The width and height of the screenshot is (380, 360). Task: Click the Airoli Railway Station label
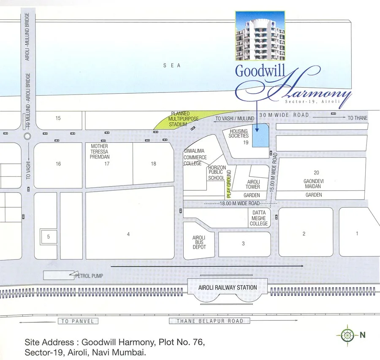(x=228, y=287)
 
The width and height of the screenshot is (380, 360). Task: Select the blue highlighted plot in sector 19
(x=260, y=136)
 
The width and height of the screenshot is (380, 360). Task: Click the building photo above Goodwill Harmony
(x=260, y=36)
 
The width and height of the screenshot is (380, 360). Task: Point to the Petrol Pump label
(x=89, y=276)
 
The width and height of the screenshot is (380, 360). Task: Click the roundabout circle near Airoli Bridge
(x=28, y=136)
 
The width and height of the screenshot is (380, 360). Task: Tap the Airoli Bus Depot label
(x=199, y=243)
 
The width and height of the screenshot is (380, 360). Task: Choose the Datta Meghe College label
(x=259, y=218)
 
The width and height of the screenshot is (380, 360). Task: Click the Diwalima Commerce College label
(x=195, y=157)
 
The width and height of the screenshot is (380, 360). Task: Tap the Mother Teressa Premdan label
(x=100, y=152)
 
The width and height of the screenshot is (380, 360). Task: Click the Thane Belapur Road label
(x=210, y=321)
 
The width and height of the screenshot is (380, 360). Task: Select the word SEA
(x=173, y=65)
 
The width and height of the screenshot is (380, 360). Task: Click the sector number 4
(x=128, y=234)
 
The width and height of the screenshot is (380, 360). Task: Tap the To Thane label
(x=358, y=118)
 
